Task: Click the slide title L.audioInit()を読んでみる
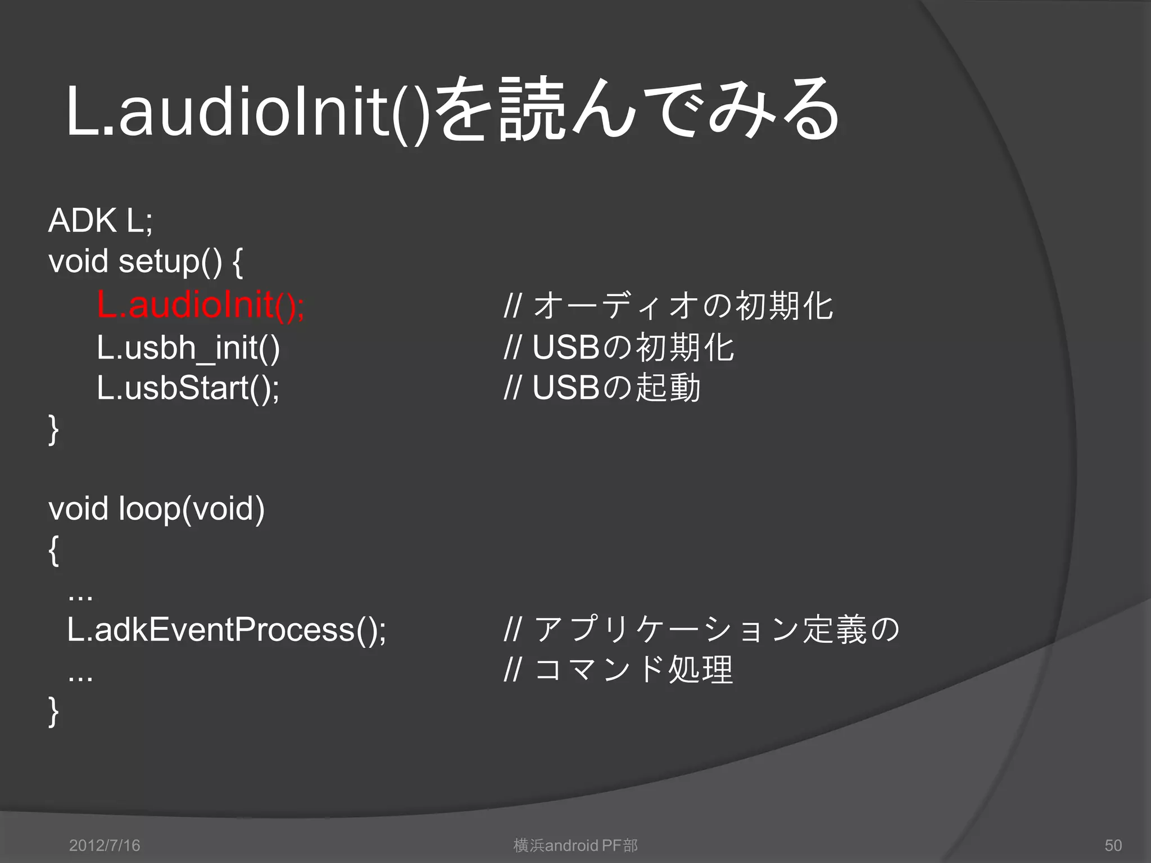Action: [452, 110]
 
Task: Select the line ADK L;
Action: [101, 220]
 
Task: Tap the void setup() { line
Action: [146, 262]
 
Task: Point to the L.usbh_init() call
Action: [188, 347]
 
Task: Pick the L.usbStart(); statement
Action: [188, 388]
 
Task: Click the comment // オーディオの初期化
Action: [669, 306]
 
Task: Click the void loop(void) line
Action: [156, 509]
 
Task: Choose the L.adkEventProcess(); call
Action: [226, 629]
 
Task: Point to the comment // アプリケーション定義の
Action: [702, 629]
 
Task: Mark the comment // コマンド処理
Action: [619, 670]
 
